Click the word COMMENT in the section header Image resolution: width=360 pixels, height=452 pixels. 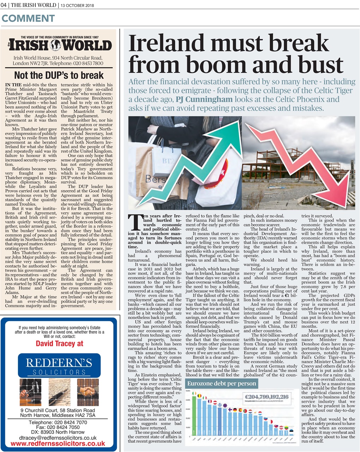[28, 18]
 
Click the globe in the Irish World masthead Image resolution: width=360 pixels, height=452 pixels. [56, 45]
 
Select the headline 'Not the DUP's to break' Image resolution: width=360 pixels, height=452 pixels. [59, 75]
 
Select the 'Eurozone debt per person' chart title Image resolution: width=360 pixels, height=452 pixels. [222, 383]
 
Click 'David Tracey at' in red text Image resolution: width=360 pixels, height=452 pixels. [59, 343]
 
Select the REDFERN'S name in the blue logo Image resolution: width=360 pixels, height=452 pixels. [59, 363]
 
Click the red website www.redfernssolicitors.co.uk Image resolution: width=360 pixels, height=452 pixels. [58, 444]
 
